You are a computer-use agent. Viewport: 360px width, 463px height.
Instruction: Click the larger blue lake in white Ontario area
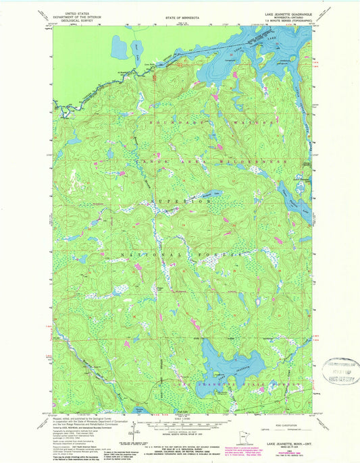tap(119, 47)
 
